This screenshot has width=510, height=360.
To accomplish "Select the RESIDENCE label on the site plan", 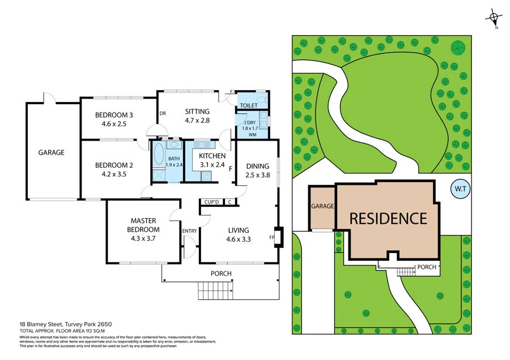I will tap(388, 218).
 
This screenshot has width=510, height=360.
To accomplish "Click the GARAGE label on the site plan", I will tap(322, 206).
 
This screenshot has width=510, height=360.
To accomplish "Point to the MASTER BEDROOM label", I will tap(143, 225).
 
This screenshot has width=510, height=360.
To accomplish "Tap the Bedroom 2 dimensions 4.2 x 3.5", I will tap(114, 174).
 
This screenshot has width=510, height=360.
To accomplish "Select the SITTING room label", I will tap(197, 112).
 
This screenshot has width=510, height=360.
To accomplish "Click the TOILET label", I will tap(249, 105).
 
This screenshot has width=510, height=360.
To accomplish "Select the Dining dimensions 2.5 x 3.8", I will tap(258, 175).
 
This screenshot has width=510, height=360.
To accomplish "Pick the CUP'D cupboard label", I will tap(212, 202).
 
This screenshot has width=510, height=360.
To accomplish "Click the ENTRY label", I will tap(189, 231).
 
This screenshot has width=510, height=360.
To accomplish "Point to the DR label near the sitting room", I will tap(162, 113).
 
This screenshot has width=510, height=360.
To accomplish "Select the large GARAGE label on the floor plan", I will tap(51, 153).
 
